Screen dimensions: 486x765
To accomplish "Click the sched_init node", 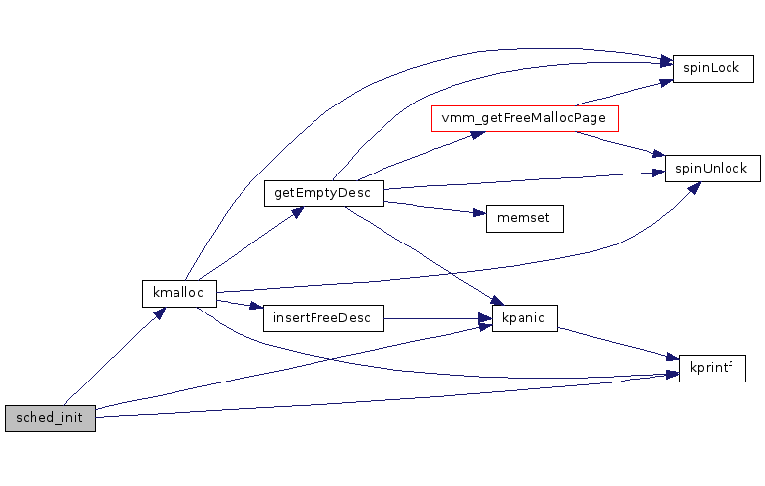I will [49, 418].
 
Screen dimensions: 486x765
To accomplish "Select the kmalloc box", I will [178, 293].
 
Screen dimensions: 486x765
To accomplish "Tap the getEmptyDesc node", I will [322, 193].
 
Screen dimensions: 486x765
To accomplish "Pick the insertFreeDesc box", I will [322, 317].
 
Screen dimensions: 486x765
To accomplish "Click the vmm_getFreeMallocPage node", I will [523, 119].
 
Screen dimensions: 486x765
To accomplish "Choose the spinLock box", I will [713, 69].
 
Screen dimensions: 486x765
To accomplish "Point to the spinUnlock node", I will [713, 168].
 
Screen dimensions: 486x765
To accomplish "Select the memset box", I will [523, 219].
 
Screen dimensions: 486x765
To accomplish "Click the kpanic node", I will [524, 317].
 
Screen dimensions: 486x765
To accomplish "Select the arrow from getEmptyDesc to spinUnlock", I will [522, 179].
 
